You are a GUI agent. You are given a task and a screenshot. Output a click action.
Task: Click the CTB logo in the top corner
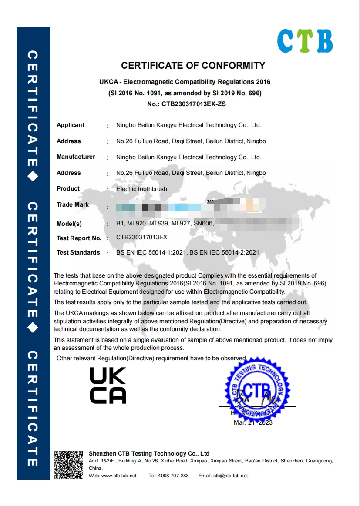[x=305, y=41]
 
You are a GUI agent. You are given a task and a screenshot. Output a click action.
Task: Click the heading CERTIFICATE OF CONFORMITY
[x=193, y=66]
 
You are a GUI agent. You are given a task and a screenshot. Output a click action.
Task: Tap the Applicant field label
[x=71, y=125]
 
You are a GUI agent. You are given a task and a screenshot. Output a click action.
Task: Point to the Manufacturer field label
[x=76, y=157]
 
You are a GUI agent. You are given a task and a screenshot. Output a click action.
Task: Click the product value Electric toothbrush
[x=141, y=189]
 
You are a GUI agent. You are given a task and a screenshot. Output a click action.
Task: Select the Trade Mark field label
[x=73, y=205]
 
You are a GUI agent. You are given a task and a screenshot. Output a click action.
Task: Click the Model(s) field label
[x=69, y=224]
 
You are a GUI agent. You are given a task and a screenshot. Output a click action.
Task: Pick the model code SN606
[x=203, y=224]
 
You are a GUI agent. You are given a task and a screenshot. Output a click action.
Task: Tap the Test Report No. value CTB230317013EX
[x=141, y=238]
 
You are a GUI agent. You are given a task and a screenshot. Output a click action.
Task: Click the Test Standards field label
[x=78, y=253]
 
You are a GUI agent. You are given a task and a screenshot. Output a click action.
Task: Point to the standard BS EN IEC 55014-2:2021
[x=224, y=252]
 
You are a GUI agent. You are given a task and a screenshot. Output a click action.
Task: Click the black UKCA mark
[x=108, y=385]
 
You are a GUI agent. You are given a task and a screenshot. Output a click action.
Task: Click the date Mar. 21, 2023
[x=253, y=422]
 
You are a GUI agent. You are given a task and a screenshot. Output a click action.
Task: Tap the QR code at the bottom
[x=68, y=465]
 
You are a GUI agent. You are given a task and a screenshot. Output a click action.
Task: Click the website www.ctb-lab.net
[x=119, y=476]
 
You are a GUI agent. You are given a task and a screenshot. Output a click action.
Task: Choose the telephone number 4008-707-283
[x=174, y=476]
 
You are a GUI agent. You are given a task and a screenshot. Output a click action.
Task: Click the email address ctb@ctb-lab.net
[x=230, y=476]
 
